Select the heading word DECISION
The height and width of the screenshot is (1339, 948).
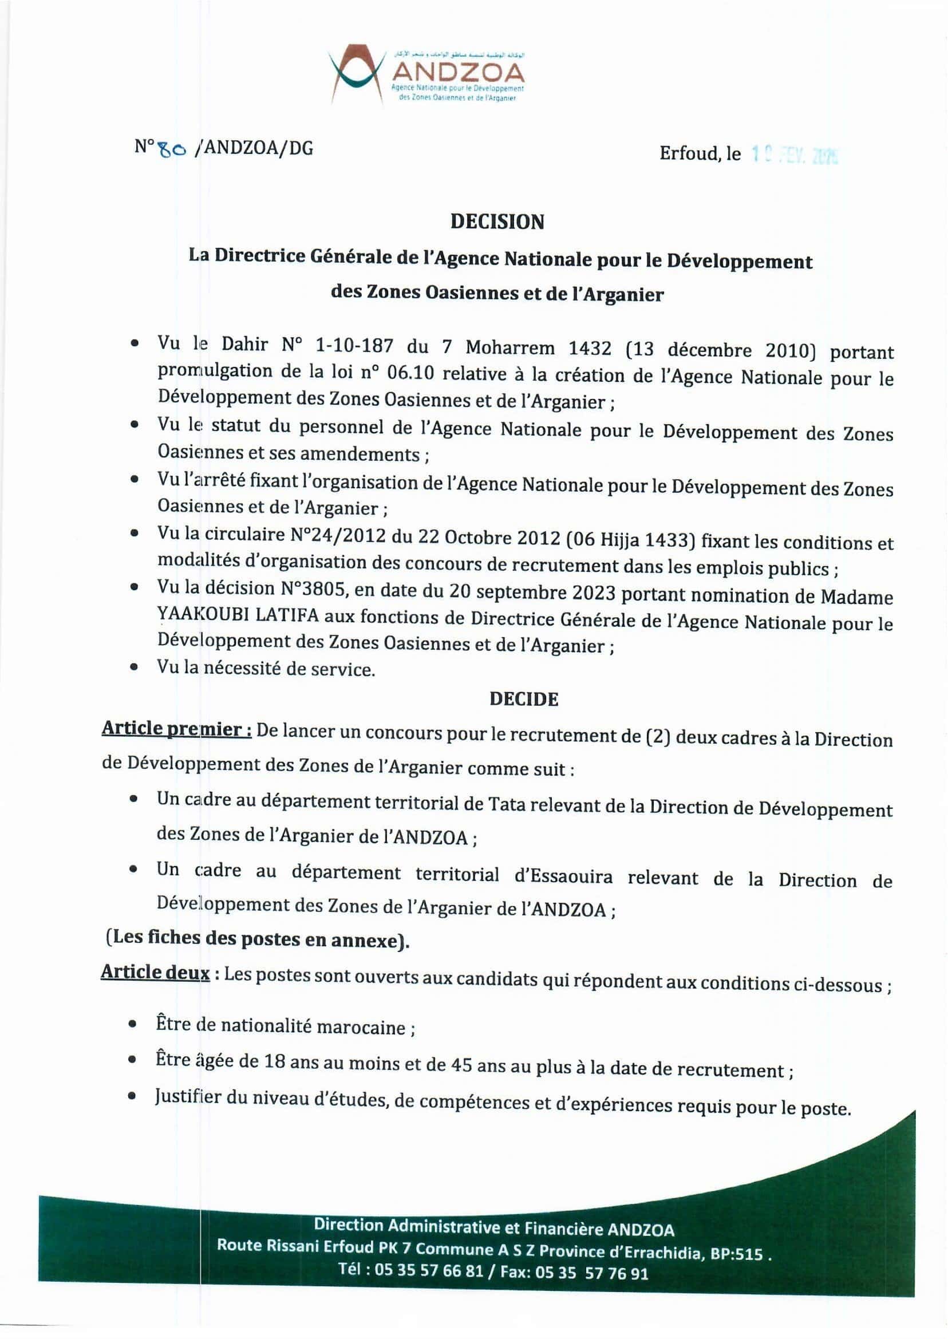[497, 222]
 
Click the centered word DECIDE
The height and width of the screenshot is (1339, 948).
[524, 700]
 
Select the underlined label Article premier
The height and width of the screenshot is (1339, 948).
[176, 730]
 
